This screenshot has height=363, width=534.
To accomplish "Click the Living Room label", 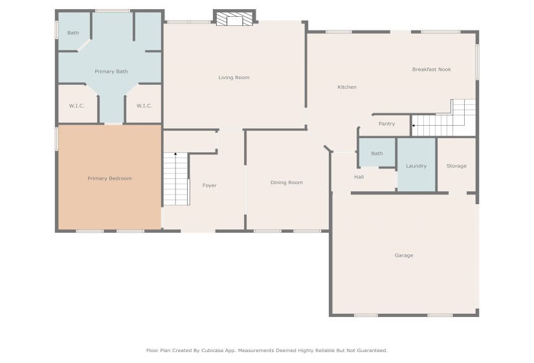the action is [234, 77].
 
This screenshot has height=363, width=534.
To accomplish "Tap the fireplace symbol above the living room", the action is [235, 19].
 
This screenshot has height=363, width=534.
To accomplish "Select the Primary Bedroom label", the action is [109, 178].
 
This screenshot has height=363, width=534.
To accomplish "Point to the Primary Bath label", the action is [111, 71].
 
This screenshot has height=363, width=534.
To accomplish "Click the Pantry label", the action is [387, 124].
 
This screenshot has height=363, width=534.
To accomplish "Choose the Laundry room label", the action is [416, 166].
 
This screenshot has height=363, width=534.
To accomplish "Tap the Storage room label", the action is [456, 166].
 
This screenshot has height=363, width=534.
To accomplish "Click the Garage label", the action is [404, 255].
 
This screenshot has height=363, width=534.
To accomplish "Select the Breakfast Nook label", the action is [432, 69].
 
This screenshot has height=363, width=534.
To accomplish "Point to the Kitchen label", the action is [347, 87].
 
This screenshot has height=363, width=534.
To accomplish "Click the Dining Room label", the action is [286, 183].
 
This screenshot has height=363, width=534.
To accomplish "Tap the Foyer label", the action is [210, 185].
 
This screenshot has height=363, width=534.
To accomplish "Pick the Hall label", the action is [359, 177].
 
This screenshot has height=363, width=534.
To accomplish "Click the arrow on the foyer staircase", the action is [175, 154].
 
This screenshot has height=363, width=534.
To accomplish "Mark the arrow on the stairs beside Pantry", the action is [414, 126].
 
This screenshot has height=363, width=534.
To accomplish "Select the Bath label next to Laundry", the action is [377, 154].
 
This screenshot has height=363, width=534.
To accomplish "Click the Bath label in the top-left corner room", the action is [73, 33].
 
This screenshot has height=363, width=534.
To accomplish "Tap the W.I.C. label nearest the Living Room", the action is [144, 106].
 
